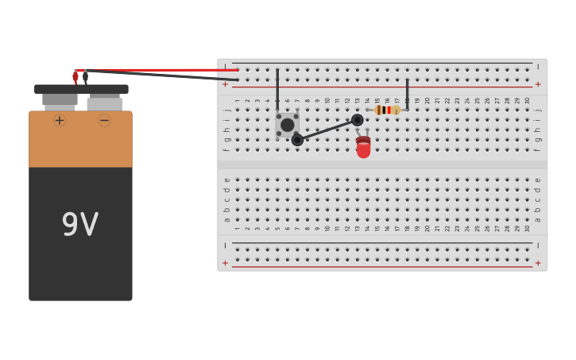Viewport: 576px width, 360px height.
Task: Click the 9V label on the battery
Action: pyautogui.click(x=80, y=225)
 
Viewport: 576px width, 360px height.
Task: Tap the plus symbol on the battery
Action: pyautogui.click(x=60, y=120)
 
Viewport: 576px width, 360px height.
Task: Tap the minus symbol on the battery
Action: pyautogui.click(x=104, y=120)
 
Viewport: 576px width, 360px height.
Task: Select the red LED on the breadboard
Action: pyautogui.click(x=363, y=147)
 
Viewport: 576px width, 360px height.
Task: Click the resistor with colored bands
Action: pyautogui.click(x=387, y=110)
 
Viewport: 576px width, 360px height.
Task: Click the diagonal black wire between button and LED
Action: pyautogui.click(x=327, y=130)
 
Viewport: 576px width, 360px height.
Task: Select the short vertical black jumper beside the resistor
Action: pyautogui.click(x=407, y=92)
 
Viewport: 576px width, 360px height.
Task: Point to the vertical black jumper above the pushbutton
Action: pyautogui.click(x=277, y=89)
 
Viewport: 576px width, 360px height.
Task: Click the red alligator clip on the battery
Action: pyautogui.click(x=75, y=77)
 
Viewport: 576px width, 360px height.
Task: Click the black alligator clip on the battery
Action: pyautogui.click(x=86, y=78)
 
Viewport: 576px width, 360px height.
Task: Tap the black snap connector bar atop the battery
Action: pyautogui.click(x=81, y=90)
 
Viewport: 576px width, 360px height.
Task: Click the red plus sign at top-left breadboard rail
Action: pyautogui.click(x=225, y=84)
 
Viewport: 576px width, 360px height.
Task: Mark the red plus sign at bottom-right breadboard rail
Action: pyautogui.click(x=538, y=263)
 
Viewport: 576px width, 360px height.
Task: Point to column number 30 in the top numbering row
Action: pyautogui.click(x=527, y=101)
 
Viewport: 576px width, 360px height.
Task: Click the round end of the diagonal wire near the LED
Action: pyautogui.click(x=358, y=120)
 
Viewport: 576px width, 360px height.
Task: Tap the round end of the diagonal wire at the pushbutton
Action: pyautogui.click(x=297, y=140)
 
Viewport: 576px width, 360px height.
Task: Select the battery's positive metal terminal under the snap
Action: pyautogui.click(x=60, y=101)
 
